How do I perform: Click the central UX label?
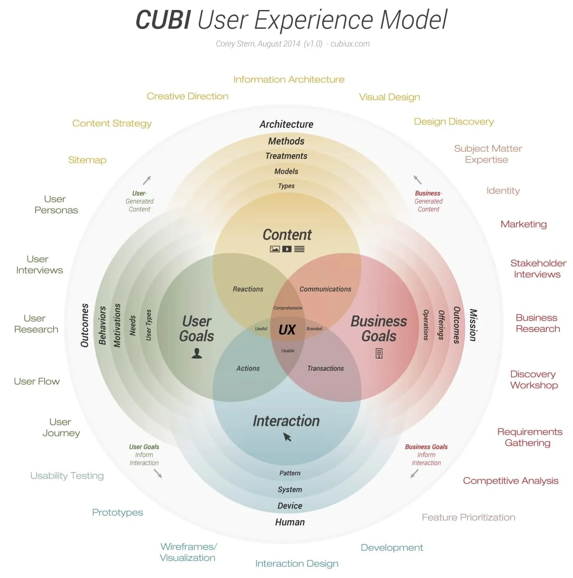coord(287,330)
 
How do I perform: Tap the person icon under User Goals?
coord(197,353)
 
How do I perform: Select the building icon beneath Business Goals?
coord(379,353)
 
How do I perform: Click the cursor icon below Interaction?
coord(287,437)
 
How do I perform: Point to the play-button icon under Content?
coord(287,249)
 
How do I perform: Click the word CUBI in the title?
coord(163,20)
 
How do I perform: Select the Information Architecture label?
coord(289,79)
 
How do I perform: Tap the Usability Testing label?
coord(67,475)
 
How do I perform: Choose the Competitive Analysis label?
coord(510,481)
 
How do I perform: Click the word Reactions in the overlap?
coord(248,289)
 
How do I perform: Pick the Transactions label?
coord(325,368)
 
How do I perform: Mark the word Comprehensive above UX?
coord(288,308)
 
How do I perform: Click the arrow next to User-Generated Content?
coord(147,180)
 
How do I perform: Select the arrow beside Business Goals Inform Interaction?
coord(414,474)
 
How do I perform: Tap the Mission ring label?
coord(473,325)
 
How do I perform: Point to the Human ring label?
coord(290,522)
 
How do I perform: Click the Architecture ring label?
coord(286,124)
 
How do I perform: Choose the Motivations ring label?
coord(117,325)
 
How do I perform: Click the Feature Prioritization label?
coord(468,517)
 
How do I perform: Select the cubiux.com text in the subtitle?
coord(350,44)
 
